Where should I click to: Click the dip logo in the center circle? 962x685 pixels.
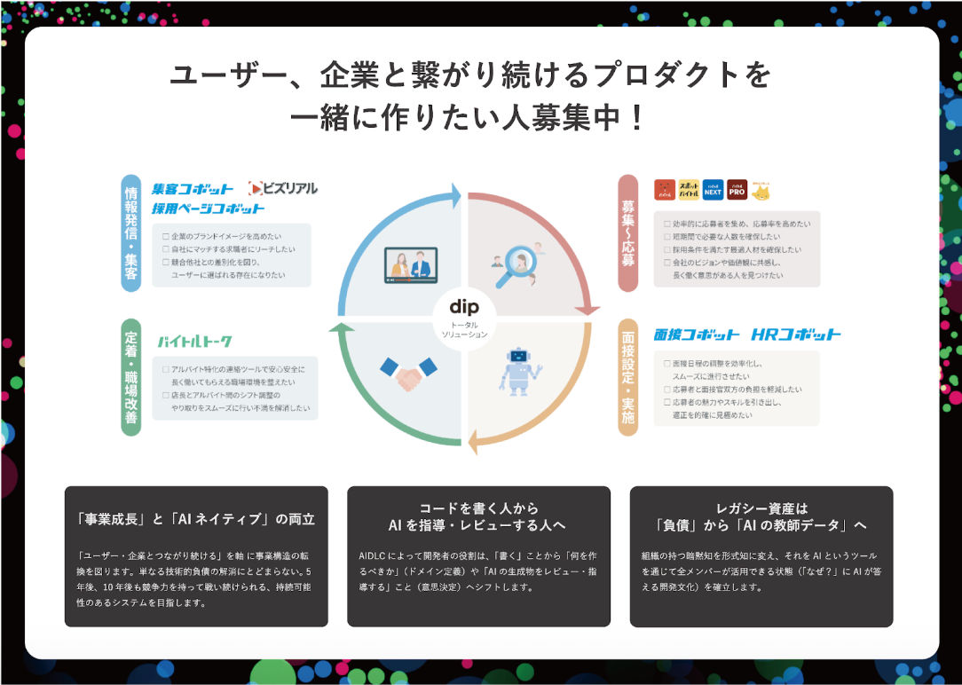click(x=464, y=308)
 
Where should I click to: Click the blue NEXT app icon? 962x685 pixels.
click(x=713, y=189)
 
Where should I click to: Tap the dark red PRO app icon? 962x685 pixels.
click(x=737, y=189)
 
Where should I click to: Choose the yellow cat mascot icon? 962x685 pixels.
click(x=761, y=190)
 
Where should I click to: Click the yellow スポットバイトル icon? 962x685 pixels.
click(x=689, y=189)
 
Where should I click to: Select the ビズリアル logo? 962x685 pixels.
click(x=283, y=188)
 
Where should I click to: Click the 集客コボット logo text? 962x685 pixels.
click(x=193, y=188)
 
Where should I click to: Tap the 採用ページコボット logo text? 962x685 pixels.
click(x=208, y=209)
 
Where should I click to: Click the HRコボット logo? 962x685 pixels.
click(x=796, y=335)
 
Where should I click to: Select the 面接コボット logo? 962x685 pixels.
click(x=697, y=335)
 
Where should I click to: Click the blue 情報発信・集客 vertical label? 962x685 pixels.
click(x=131, y=233)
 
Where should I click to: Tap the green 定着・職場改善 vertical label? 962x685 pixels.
click(x=131, y=378)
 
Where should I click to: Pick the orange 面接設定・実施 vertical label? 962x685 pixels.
click(x=628, y=378)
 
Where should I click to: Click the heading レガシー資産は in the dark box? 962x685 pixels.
click(x=761, y=508)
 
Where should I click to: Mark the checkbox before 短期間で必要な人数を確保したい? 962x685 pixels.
click(x=667, y=238)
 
